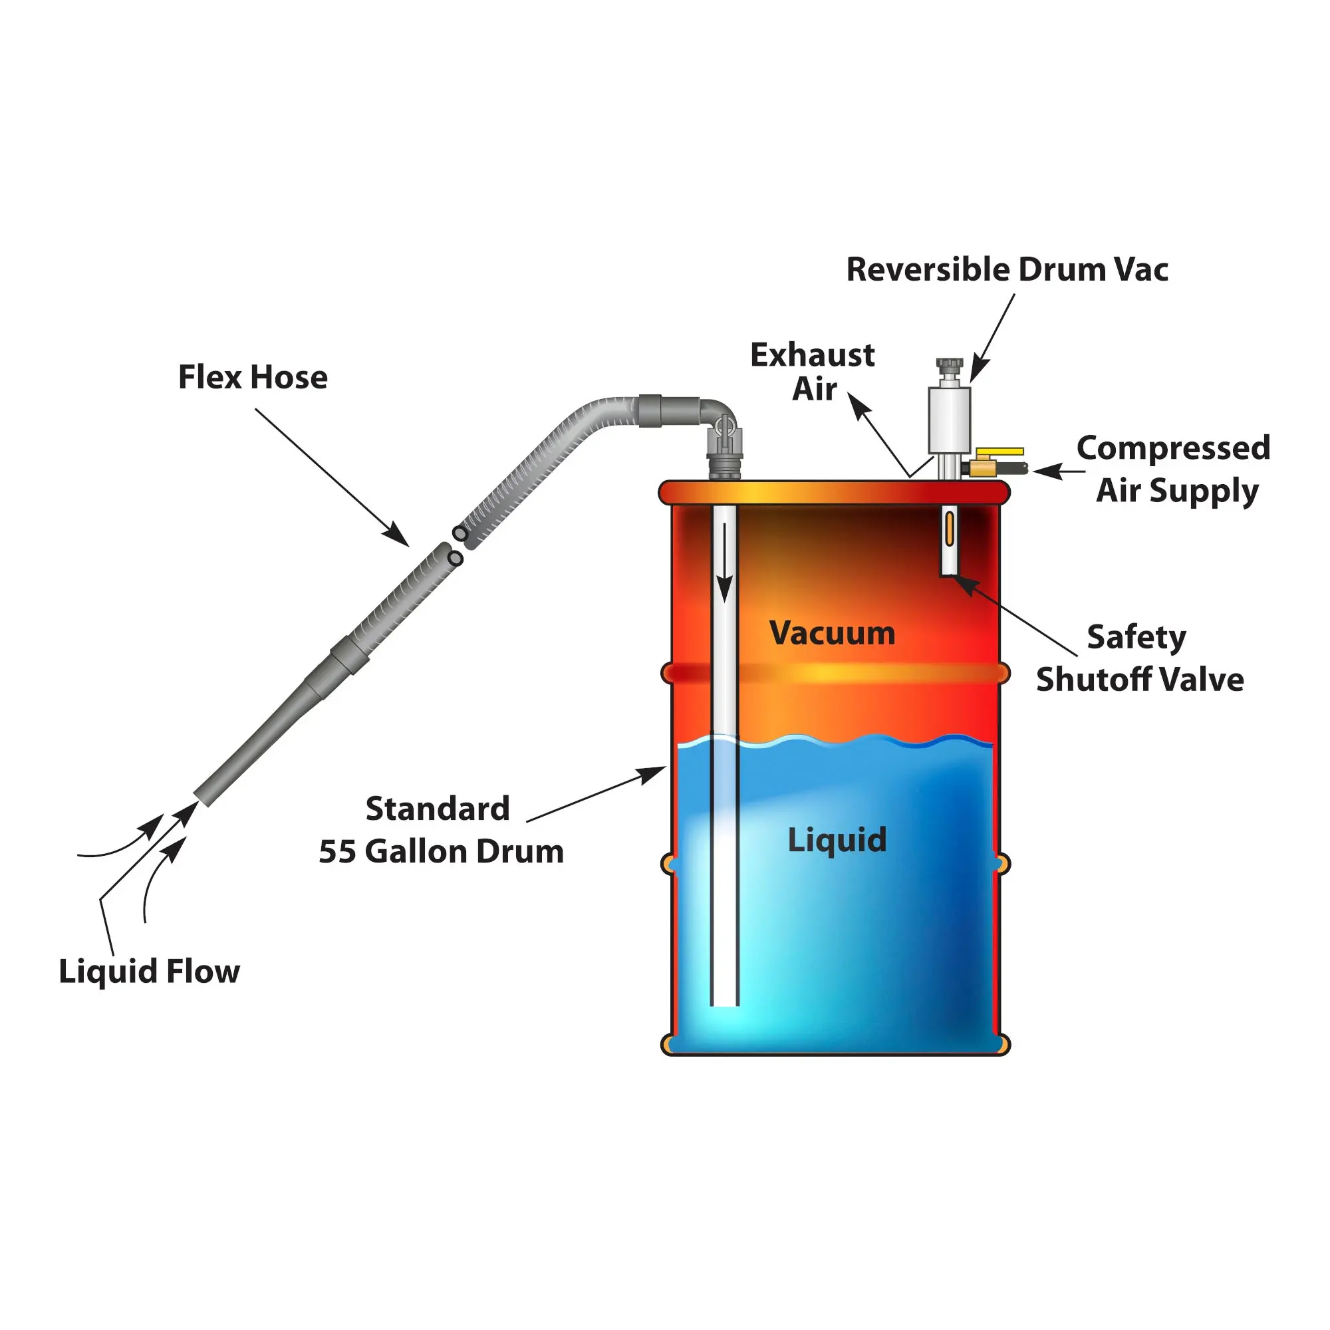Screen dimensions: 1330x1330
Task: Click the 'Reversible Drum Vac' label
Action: click(x=1006, y=269)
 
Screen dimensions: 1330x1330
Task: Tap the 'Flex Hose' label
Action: click(x=253, y=377)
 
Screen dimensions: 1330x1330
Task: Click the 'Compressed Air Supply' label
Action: click(x=1174, y=469)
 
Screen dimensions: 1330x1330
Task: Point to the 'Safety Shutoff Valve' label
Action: click(x=1140, y=658)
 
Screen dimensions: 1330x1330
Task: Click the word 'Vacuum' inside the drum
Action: click(x=833, y=632)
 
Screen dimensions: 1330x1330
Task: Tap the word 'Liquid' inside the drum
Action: click(x=837, y=840)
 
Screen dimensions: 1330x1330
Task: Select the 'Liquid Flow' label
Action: click(x=150, y=972)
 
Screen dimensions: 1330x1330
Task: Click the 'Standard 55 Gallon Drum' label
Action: click(x=441, y=830)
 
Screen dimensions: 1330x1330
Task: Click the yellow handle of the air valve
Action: click(x=999, y=452)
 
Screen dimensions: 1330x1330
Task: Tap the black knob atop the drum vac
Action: click(x=950, y=364)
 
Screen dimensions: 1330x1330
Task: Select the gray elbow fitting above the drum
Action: click(x=720, y=413)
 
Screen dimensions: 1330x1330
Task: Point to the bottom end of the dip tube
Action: click(x=724, y=1003)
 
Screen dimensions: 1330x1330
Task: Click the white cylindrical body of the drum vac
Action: click(x=950, y=418)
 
